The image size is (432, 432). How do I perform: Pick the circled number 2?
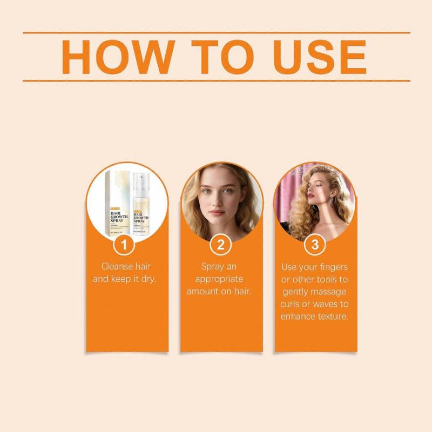tap(220, 245)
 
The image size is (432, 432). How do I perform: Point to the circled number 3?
tap(314, 245)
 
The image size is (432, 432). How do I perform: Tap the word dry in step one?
tap(147, 279)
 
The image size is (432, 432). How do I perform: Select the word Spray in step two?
tap(213, 266)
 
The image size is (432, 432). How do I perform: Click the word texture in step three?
tap(331, 316)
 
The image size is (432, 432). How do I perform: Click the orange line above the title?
tap(216, 32)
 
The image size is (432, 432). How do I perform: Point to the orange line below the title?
tap(216, 80)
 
